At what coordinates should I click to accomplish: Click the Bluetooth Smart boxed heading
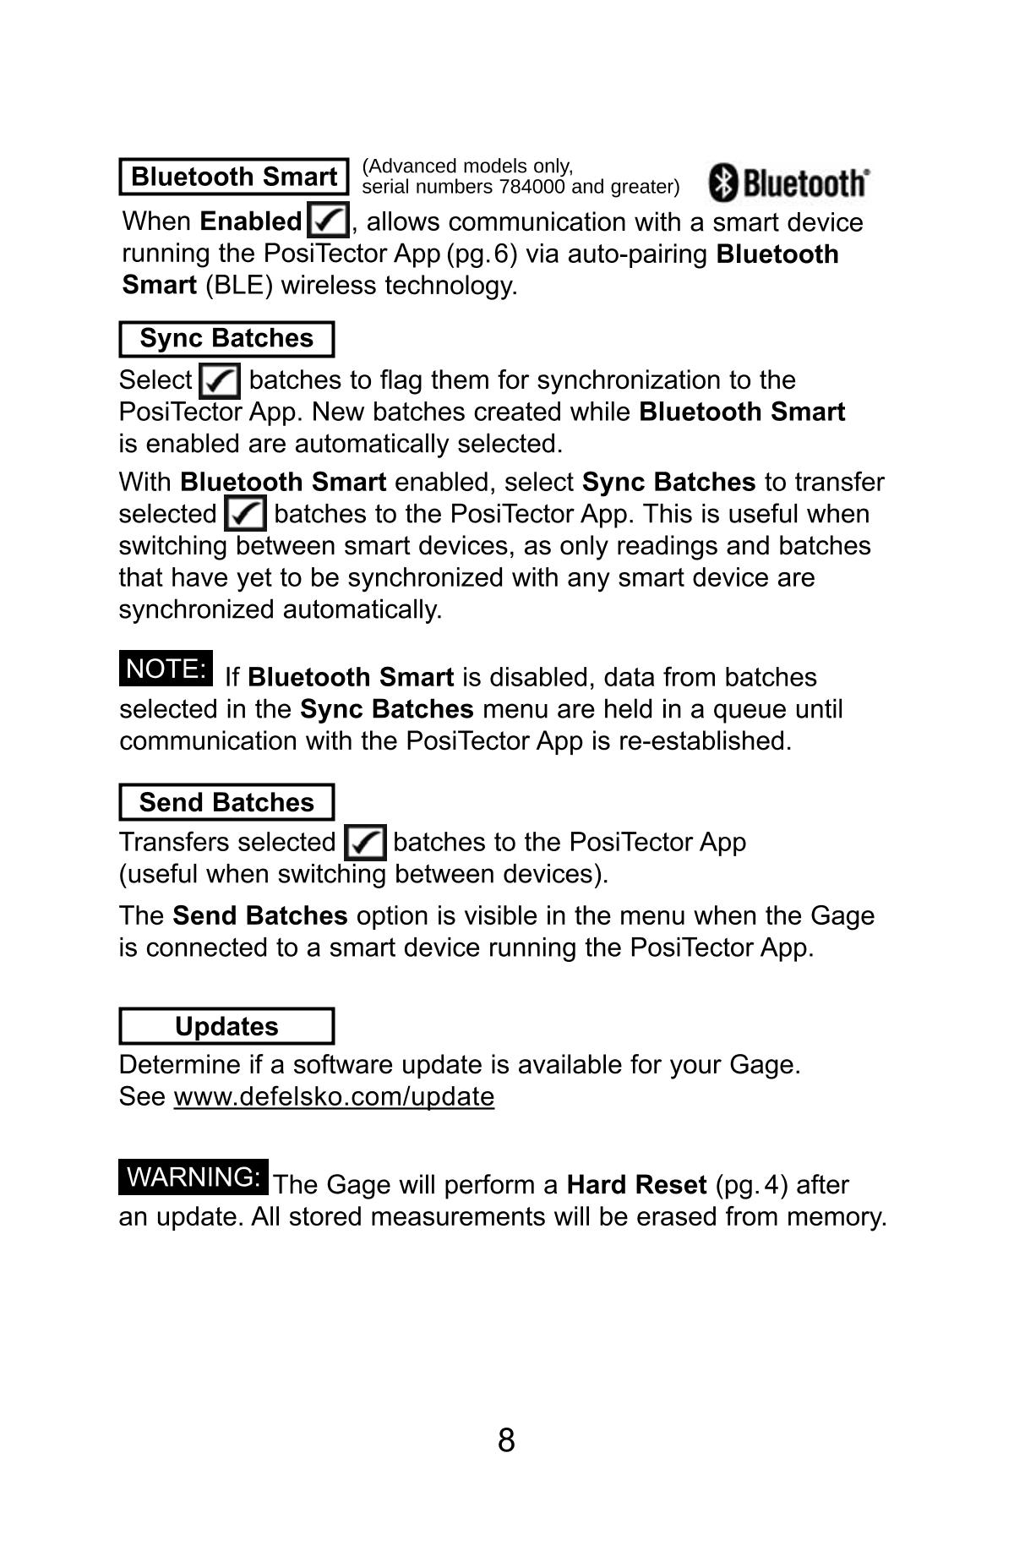[x=234, y=177]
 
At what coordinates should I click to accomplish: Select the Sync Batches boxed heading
[x=226, y=338]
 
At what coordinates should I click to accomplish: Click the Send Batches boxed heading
[x=226, y=802]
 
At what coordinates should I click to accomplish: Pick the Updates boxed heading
[x=226, y=1026]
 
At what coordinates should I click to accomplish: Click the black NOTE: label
[x=166, y=669]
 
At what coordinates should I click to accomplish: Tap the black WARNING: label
[x=194, y=1177]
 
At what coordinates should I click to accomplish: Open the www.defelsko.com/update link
[x=334, y=1096]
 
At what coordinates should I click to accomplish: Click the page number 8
[x=506, y=1440]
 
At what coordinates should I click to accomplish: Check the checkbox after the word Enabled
[x=328, y=221]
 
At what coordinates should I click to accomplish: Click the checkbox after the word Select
[x=220, y=380]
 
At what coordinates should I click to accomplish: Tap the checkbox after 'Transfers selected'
[x=366, y=843]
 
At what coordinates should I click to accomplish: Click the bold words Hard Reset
[x=636, y=1185]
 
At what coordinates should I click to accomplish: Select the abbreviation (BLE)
[x=239, y=286]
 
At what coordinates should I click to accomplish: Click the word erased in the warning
[x=677, y=1217]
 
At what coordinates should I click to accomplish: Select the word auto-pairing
[x=637, y=254]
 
